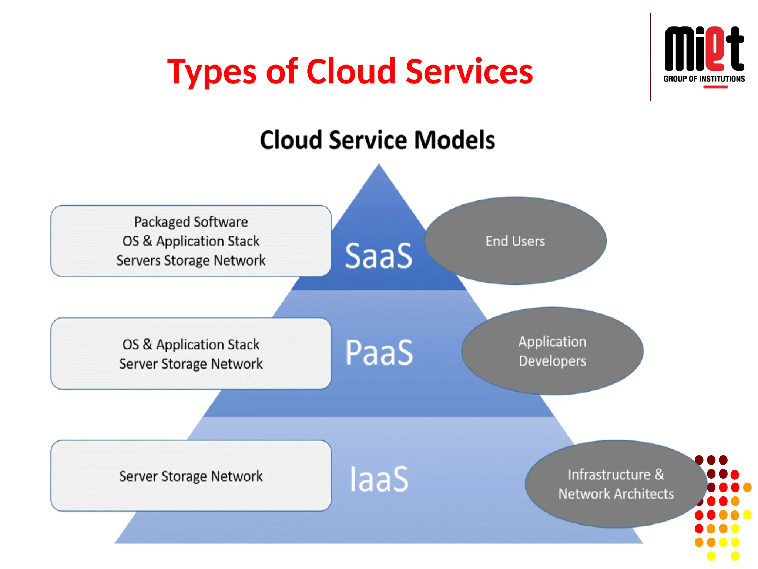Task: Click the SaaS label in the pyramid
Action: click(378, 256)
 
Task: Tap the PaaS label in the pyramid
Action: click(379, 352)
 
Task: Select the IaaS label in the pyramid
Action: click(379, 479)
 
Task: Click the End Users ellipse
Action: click(515, 241)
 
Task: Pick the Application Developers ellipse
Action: click(552, 351)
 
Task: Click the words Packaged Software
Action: click(191, 222)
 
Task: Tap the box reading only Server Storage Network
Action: click(191, 476)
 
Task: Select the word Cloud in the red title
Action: click(351, 71)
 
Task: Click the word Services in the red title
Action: click(469, 71)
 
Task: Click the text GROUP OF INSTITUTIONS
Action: click(704, 79)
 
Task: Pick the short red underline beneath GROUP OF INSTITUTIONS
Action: click(715, 87)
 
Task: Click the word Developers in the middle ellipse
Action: click(552, 361)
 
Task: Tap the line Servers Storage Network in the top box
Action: click(191, 260)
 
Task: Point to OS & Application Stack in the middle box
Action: click(191, 345)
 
